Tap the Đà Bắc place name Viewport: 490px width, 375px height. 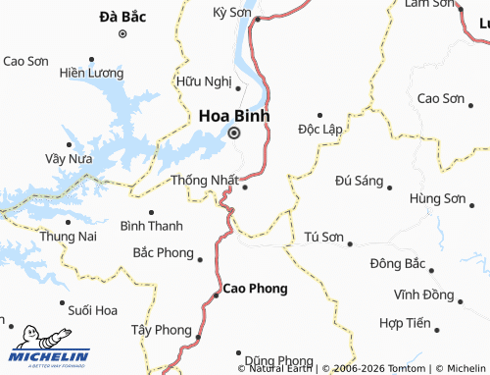point(122,17)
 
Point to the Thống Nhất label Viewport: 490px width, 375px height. point(204,181)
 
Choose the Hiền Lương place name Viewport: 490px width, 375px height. point(92,74)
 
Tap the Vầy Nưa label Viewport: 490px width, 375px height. point(69,158)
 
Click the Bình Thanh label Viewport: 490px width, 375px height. point(151,227)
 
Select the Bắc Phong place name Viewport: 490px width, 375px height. point(164,253)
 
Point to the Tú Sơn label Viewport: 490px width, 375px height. point(324,238)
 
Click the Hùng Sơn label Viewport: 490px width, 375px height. point(438,199)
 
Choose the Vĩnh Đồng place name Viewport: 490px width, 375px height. point(423,295)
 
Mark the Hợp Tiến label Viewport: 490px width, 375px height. point(405,323)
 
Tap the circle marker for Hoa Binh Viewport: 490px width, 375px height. point(234,134)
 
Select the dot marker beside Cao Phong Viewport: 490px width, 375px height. point(217,294)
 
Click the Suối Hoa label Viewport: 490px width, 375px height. point(93,310)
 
